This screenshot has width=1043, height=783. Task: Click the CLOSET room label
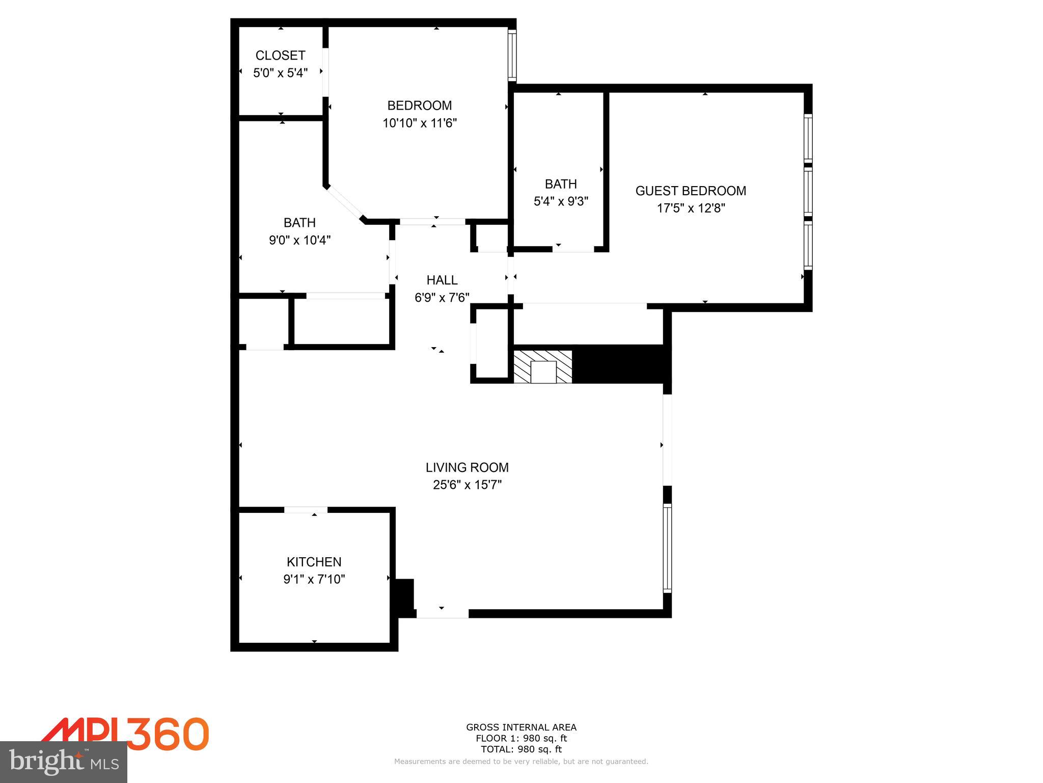pyautogui.click(x=280, y=55)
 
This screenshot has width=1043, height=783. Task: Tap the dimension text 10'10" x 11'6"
pyautogui.click(x=420, y=123)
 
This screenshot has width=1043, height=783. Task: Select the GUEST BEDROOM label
pyautogui.click(x=691, y=191)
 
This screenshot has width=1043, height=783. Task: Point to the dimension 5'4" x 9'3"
pyautogui.click(x=561, y=201)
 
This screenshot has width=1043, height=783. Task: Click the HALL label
pyautogui.click(x=442, y=280)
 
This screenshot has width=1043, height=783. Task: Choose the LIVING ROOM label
pyautogui.click(x=467, y=467)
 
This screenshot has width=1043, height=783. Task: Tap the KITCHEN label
pyautogui.click(x=314, y=562)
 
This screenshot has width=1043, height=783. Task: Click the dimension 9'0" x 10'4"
pyautogui.click(x=299, y=240)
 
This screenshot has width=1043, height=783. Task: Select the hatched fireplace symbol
pyautogui.click(x=543, y=367)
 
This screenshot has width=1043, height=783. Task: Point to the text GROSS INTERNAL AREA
pyautogui.click(x=521, y=727)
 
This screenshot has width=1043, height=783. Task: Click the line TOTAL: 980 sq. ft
pyautogui.click(x=521, y=749)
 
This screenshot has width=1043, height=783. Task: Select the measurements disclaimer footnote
pyautogui.click(x=521, y=762)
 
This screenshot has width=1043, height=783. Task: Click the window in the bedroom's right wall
pyautogui.click(x=512, y=55)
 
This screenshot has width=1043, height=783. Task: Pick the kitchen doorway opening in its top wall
pyautogui.click(x=306, y=510)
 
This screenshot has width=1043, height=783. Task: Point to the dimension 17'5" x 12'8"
pyautogui.click(x=691, y=208)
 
